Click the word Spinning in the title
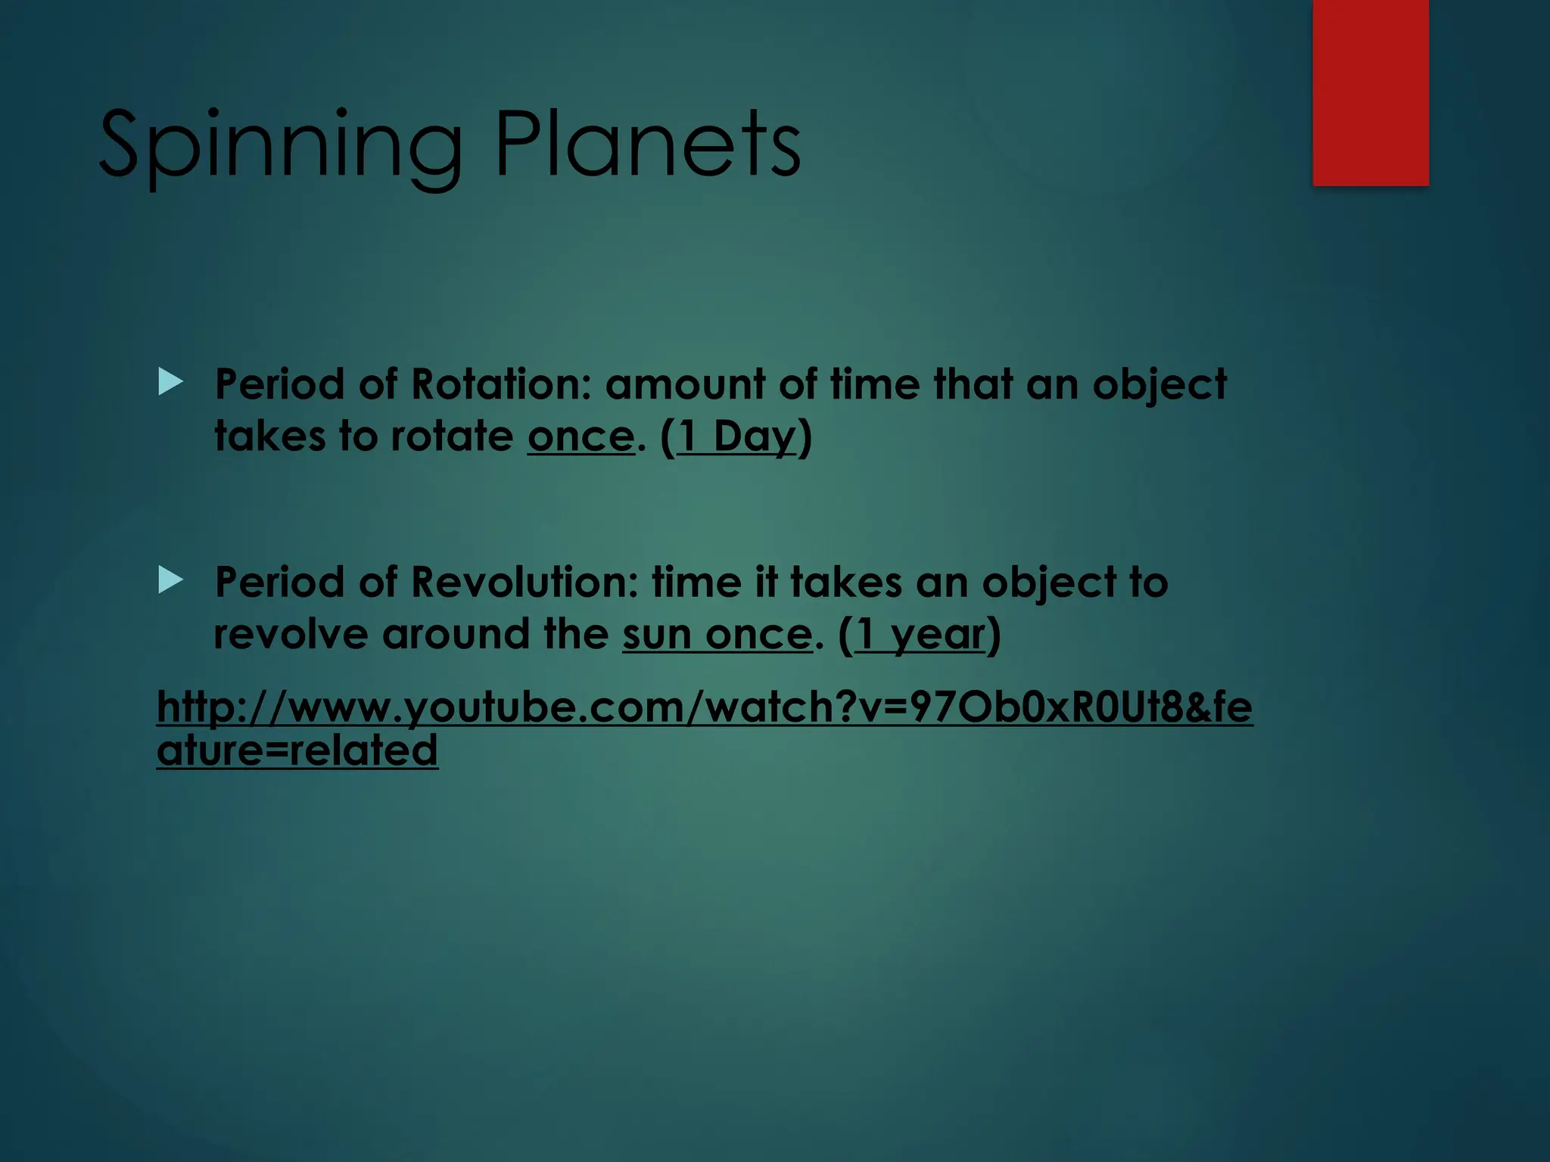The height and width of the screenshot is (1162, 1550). click(x=280, y=145)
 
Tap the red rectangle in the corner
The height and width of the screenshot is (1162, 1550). click(x=1370, y=92)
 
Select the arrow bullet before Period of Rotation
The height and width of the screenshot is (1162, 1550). click(x=171, y=382)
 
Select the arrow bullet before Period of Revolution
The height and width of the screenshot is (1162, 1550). click(x=171, y=581)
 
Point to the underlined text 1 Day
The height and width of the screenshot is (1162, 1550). click(x=736, y=437)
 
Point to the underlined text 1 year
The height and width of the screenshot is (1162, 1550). click(x=920, y=635)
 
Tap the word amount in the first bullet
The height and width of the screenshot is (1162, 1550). click(x=685, y=384)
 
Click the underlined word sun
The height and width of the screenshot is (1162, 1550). click(x=657, y=635)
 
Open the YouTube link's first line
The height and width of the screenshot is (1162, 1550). click(x=704, y=707)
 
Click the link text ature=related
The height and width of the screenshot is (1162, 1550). click(x=297, y=750)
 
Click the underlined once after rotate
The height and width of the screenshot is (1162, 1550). click(x=580, y=437)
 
